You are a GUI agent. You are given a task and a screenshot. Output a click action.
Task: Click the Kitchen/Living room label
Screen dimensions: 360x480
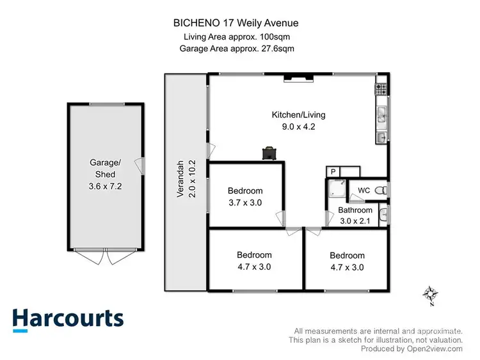coord(298,115)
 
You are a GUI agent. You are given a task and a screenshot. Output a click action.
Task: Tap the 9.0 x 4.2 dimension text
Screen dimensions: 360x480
coord(298,127)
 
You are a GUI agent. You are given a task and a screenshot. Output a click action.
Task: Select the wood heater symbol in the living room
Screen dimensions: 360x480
coord(269,153)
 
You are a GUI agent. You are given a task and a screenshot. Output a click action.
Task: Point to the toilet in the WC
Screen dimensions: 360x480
coord(381,190)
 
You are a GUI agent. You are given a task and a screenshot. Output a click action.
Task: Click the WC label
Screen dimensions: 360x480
coord(364,191)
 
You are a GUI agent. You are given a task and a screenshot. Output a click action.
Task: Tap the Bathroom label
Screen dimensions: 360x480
coord(355,210)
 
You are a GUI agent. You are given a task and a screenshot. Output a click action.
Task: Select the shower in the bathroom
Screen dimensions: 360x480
coord(336,189)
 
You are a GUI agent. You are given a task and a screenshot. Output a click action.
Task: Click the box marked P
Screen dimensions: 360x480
coord(333,171)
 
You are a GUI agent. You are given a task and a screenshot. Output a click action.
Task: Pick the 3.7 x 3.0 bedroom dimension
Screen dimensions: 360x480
coord(245,203)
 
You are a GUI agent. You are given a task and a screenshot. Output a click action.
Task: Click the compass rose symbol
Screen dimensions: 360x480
coord(429,295)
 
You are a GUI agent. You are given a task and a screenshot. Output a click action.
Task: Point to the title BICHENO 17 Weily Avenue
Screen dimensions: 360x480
coord(236,23)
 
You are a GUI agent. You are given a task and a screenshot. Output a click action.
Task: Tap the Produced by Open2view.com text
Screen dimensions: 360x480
coord(412,349)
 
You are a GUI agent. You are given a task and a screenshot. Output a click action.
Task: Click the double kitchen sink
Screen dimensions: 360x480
coord(381,114)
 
